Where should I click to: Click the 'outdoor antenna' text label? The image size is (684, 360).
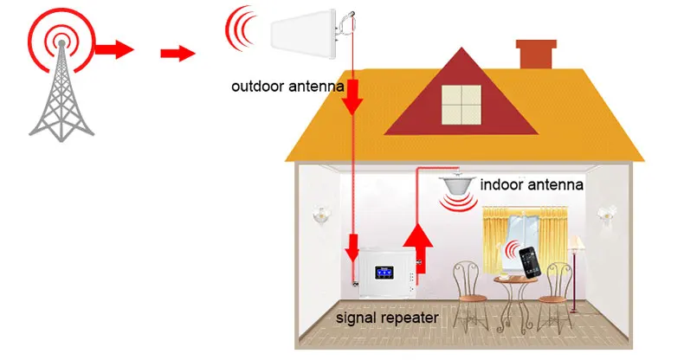(288, 87)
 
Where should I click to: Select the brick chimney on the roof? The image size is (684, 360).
(536, 55)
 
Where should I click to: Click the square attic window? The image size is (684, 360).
(461, 104)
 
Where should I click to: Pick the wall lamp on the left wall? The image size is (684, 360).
(322, 214)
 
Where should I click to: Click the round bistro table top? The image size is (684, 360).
(511, 279)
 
